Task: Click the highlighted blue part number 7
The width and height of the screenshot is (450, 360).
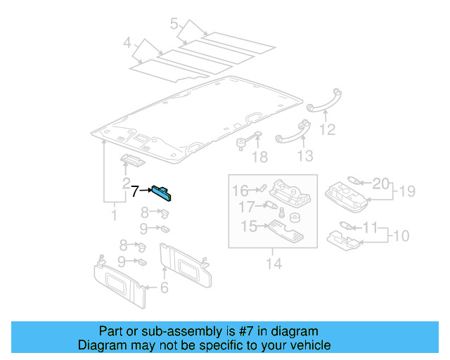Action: coord(162,193)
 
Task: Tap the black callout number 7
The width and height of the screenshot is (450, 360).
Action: coord(135,191)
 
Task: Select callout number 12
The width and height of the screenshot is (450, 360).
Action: coord(327,129)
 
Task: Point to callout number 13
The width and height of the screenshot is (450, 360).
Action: coord(304,156)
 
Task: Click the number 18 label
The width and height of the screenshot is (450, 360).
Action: coord(259,157)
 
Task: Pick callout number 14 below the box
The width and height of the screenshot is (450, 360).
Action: coord(274,264)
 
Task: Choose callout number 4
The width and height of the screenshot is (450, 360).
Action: coord(127,43)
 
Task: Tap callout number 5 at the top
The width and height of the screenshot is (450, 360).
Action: coord(174,23)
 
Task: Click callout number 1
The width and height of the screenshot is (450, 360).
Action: coord(114,215)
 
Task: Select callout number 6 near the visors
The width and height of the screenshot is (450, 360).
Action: coord(164,288)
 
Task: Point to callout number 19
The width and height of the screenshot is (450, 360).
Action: coord(407,191)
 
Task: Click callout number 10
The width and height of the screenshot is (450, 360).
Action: coord(401,236)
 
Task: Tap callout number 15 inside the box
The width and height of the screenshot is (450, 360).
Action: coord(249,226)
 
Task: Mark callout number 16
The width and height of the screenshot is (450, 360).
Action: coord(240,191)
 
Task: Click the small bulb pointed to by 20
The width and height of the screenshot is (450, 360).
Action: coord(354,181)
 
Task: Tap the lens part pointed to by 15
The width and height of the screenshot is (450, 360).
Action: coord(286,231)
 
